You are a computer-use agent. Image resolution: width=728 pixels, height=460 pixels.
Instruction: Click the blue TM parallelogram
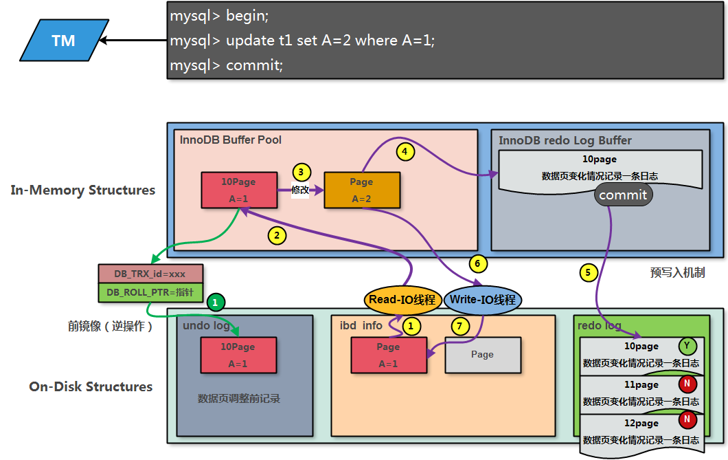point(63,41)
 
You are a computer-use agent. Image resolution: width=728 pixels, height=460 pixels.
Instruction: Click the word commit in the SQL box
point(254,65)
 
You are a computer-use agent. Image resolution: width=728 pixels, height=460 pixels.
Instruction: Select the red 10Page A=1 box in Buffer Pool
point(238,190)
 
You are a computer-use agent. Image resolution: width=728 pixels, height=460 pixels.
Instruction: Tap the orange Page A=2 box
point(361,190)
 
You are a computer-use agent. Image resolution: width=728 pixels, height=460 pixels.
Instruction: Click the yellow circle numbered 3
point(302,172)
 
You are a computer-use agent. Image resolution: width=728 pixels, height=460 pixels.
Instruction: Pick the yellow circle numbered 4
point(405,151)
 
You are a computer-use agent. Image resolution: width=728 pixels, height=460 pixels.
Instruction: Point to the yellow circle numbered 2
point(276,236)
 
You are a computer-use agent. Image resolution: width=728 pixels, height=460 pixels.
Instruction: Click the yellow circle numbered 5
point(587,272)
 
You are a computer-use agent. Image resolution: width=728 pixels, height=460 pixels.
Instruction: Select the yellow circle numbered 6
point(477,263)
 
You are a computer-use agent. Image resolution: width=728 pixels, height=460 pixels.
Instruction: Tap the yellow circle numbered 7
point(460,325)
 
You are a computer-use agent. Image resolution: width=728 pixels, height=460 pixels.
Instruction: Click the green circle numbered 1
point(216,301)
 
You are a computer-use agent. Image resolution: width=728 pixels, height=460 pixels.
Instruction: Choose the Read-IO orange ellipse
point(402,300)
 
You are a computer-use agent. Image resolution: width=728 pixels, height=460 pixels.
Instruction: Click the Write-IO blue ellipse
point(483,300)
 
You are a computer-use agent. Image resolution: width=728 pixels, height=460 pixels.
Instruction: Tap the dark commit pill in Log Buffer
point(623,195)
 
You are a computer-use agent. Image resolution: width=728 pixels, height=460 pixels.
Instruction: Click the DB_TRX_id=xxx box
point(149,273)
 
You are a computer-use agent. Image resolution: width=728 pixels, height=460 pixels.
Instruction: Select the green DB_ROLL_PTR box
point(149,292)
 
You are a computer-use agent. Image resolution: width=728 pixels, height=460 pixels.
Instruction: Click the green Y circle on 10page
point(687,346)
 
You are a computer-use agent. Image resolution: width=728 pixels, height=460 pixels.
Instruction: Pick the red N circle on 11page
point(687,383)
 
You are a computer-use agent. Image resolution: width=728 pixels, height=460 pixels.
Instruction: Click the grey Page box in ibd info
point(482,355)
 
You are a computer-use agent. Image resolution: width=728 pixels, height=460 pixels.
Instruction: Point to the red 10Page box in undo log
point(238,355)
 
